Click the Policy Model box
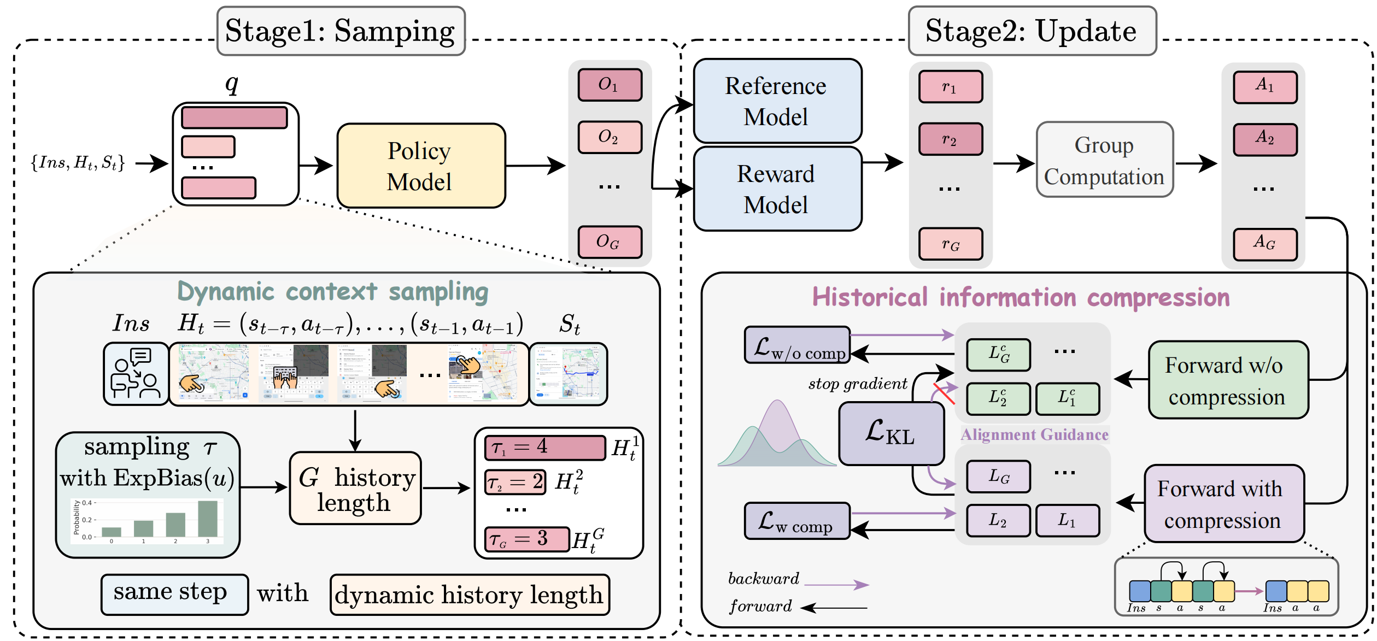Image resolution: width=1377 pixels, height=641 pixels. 421,166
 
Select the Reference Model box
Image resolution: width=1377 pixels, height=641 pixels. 777,101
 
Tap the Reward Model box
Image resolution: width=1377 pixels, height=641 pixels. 777,189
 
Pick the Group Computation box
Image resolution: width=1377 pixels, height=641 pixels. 1104,160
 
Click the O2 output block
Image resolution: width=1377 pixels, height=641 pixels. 610,137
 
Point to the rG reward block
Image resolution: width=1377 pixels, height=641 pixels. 951,244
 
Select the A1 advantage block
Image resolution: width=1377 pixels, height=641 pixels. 1264,86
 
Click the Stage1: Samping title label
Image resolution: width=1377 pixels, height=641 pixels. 341,31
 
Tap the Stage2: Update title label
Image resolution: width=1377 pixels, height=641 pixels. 1032,31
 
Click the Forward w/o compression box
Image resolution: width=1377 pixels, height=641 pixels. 1228,380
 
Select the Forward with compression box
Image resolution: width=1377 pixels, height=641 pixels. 1223,504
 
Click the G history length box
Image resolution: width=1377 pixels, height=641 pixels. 355,489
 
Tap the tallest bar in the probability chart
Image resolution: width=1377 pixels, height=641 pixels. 208,519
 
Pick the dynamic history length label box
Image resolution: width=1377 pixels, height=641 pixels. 470,595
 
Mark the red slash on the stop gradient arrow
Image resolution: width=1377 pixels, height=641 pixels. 944,394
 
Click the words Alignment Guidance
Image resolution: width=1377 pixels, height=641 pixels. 1034,434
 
